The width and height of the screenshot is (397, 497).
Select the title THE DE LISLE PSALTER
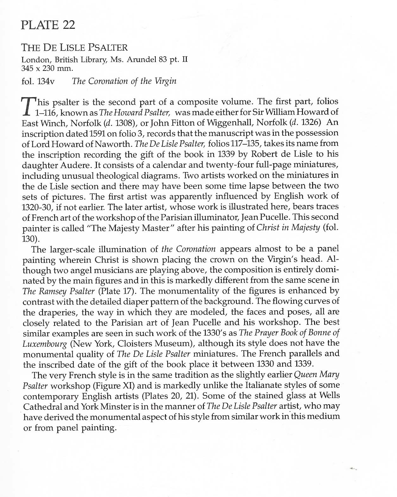point(74,48)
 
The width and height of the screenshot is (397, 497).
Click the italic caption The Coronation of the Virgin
point(124,81)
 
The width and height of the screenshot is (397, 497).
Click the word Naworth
point(112,143)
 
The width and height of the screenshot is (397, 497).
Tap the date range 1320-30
point(37,207)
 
